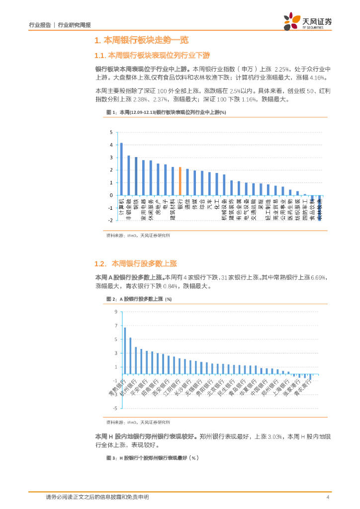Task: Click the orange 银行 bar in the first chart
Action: tap(180, 181)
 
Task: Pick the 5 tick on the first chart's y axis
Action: tap(111, 132)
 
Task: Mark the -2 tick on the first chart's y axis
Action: tap(111, 220)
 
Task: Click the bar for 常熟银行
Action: tap(125, 350)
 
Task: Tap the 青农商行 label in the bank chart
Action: tap(303, 389)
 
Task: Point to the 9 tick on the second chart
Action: tap(115, 312)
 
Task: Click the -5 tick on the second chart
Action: tap(114, 408)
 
